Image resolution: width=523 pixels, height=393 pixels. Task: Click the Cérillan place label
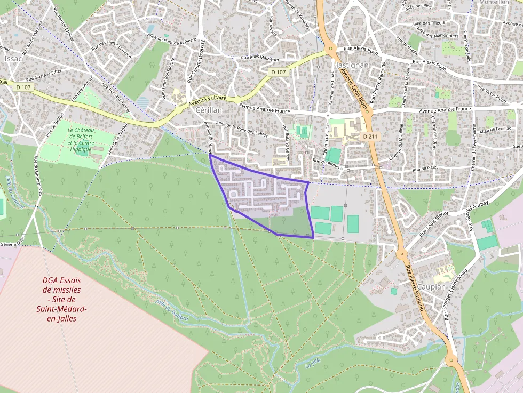point(209,109)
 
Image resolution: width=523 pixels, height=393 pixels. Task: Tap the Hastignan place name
point(351,65)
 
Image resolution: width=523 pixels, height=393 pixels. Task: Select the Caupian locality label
point(431,287)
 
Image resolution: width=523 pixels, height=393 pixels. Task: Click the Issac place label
point(13,59)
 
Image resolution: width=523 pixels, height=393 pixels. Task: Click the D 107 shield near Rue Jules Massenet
point(279,72)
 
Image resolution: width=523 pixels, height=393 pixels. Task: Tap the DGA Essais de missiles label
point(61,300)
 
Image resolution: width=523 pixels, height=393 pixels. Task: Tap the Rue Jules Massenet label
point(261,58)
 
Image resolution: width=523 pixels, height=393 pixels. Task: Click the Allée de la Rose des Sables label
point(242,129)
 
